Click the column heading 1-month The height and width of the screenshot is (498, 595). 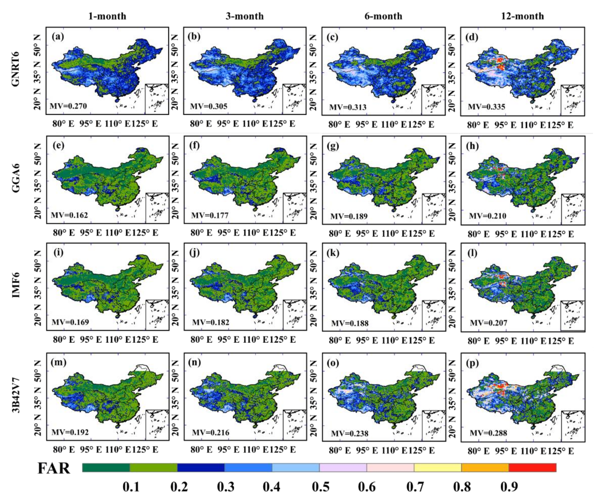107,16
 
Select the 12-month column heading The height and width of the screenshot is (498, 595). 522,16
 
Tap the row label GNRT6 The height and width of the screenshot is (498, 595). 16,69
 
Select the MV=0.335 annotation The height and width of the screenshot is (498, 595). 486,107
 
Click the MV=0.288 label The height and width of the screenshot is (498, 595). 488,433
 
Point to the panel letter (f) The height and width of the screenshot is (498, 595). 194,145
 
